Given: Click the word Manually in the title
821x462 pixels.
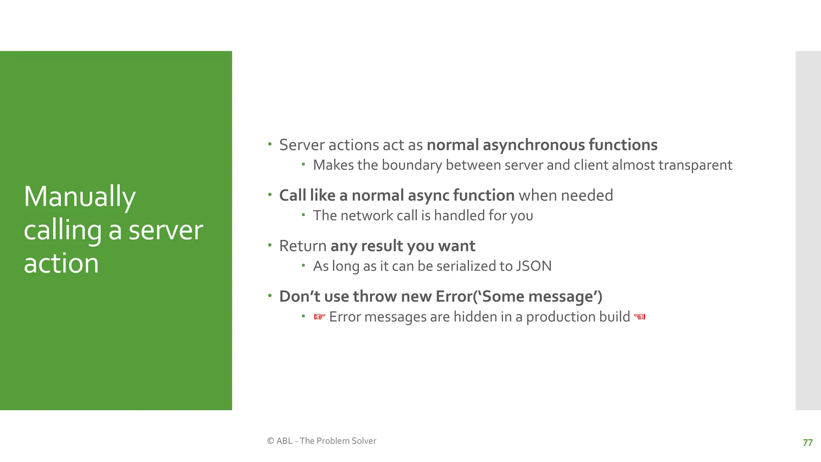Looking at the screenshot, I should point(80,197).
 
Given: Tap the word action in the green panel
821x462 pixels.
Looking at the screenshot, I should point(61,263).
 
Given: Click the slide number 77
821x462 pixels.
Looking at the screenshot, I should point(807,443).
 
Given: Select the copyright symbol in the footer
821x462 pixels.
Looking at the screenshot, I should point(271,441).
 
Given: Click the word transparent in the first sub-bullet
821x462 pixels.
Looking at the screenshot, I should point(695,165).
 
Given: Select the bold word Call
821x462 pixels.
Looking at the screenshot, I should point(292,196).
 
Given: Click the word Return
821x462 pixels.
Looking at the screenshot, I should point(303,246).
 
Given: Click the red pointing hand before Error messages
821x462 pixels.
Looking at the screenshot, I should point(320,317).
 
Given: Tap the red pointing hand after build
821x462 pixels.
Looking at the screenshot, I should point(640,317).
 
